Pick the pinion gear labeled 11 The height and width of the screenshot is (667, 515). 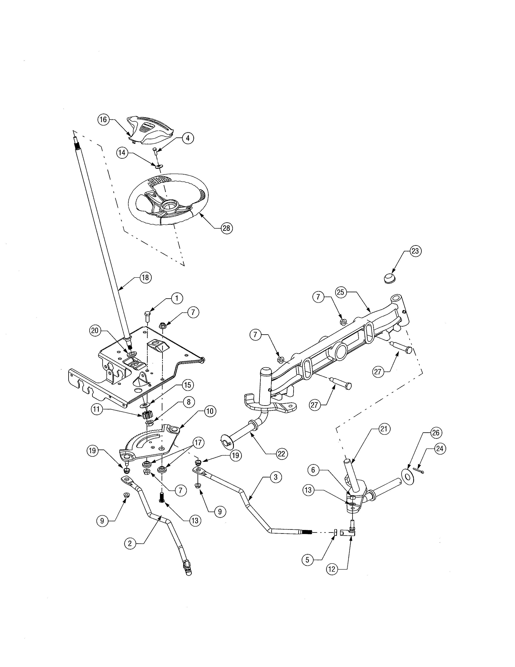[x=147, y=415]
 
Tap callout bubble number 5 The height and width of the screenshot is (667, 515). [x=307, y=560]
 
